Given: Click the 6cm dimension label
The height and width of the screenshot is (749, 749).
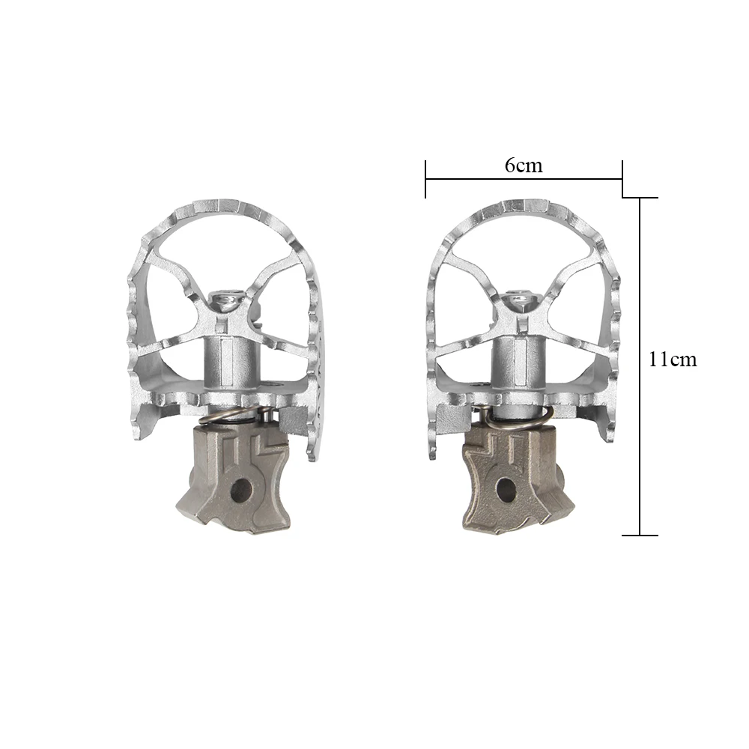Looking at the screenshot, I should pyautogui.click(x=524, y=166).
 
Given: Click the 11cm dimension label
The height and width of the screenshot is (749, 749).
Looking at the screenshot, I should pyautogui.click(x=673, y=360).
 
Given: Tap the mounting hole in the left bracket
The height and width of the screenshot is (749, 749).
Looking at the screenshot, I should pyautogui.click(x=240, y=492).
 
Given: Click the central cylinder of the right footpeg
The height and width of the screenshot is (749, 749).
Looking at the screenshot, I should pyautogui.click(x=513, y=360).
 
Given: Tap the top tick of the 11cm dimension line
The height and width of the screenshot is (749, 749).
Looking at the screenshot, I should pyautogui.click(x=640, y=198).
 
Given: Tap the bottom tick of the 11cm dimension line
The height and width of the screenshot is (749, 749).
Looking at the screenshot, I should pyautogui.click(x=640, y=536).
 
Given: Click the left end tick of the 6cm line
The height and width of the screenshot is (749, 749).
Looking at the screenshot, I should pyautogui.click(x=425, y=180).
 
